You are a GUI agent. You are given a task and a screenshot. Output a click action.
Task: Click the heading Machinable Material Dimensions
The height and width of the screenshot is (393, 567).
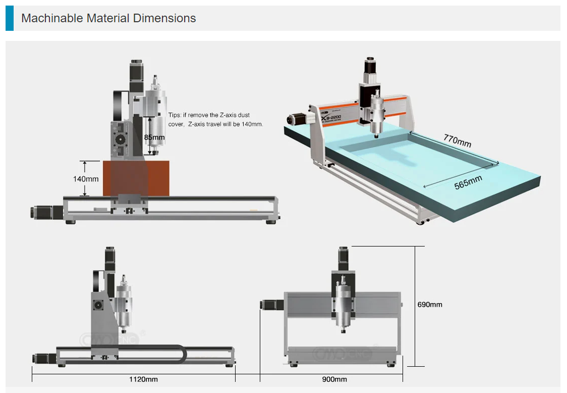point(108,19)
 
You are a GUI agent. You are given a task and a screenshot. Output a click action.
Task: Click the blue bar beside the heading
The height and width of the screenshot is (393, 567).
point(10,19)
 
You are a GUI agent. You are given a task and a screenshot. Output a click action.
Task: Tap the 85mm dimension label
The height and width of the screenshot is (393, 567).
point(154,137)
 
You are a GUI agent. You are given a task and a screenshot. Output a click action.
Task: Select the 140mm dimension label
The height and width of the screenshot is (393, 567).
point(86,179)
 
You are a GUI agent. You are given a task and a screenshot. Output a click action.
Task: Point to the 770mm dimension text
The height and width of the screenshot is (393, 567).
point(457,140)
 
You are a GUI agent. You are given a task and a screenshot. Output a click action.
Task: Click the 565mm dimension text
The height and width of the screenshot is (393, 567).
point(468,182)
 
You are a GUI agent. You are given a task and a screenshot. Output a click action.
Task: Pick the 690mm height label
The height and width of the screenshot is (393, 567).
point(430,305)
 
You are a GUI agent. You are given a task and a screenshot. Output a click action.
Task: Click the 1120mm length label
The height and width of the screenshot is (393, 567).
point(144,379)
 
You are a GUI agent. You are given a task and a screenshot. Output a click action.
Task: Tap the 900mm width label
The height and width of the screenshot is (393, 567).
point(334,379)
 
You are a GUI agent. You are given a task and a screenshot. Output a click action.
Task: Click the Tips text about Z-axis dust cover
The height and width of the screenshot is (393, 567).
point(215,120)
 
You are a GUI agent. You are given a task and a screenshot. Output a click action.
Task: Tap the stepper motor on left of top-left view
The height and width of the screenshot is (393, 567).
point(42,212)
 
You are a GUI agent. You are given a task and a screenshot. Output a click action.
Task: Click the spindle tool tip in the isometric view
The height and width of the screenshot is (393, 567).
point(376,135)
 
